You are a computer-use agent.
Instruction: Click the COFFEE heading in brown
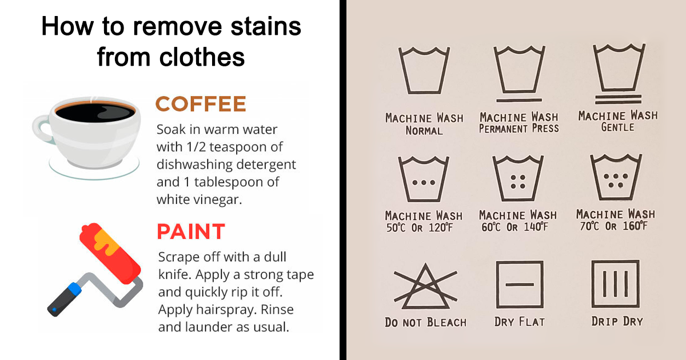click(201, 104)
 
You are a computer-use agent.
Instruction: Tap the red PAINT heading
click(191, 231)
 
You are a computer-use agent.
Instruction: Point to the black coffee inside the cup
click(95, 113)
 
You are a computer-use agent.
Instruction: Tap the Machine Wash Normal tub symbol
click(424, 70)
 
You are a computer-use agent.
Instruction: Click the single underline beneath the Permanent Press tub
click(519, 100)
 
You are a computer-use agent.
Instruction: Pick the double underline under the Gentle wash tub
click(618, 99)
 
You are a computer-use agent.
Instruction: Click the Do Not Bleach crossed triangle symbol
click(425, 286)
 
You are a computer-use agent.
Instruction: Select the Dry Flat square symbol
click(520, 285)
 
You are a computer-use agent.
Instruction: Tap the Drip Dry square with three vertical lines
click(616, 284)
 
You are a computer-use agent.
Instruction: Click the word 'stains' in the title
click(266, 26)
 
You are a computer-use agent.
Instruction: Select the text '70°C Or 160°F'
click(614, 226)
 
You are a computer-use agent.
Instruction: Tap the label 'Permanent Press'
click(519, 129)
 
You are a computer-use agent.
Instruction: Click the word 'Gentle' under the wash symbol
click(618, 127)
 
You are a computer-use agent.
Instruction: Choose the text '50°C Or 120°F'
click(420, 228)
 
